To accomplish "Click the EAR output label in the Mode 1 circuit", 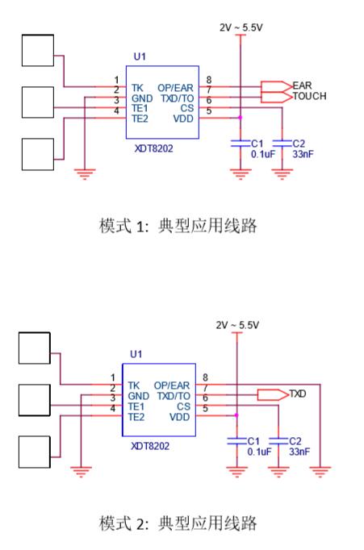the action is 302,85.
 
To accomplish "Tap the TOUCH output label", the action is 309,96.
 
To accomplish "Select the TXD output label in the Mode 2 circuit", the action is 297,394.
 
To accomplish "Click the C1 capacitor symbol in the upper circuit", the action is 241,143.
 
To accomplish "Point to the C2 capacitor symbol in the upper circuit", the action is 282,143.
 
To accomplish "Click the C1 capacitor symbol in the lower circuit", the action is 237,441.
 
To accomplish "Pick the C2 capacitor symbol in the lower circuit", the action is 278,441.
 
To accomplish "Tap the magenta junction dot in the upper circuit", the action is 241,118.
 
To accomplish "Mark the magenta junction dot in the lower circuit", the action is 236,415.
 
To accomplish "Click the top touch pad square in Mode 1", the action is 38,50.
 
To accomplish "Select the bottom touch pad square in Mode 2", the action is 35,452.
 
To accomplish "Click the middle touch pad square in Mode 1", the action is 38,102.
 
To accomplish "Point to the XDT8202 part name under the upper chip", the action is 153,148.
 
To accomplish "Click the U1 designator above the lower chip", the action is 136,354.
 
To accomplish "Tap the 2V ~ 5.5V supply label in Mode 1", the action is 241,27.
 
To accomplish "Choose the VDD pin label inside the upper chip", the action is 183,119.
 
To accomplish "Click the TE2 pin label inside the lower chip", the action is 136,417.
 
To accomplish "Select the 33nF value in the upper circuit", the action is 303,154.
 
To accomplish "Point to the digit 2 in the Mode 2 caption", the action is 140,524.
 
